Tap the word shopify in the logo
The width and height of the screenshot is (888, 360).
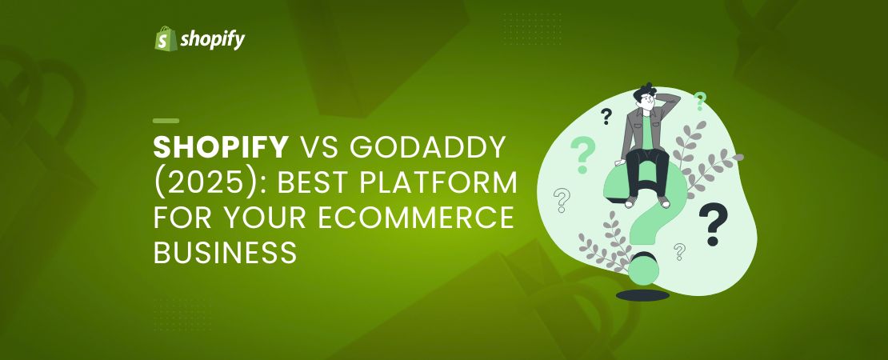(x=212, y=40)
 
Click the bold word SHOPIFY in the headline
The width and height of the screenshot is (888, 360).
(x=221, y=148)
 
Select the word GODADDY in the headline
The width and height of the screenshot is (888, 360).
(x=427, y=148)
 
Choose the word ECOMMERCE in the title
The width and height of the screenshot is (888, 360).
(x=416, y=218)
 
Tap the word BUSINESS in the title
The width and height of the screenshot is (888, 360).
(x=225, y=253)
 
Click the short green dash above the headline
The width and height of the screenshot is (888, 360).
(x=166, y=121)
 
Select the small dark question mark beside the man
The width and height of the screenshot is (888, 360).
(x=606, y=117)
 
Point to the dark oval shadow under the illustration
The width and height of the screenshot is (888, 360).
(x=642, y=295)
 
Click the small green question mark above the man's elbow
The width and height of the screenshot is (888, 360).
(x=700, y=101)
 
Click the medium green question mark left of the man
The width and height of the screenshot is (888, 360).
(x=582, y=154)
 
